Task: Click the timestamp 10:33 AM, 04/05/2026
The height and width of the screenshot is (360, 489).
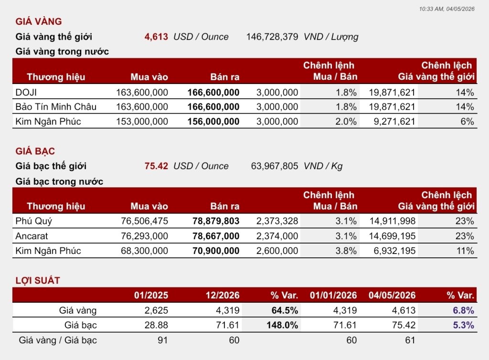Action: [446, 9]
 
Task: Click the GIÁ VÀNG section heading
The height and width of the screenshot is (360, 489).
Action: [39, 21]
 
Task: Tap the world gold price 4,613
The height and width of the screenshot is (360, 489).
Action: [156, 37]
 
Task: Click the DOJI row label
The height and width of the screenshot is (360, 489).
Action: [26, 92]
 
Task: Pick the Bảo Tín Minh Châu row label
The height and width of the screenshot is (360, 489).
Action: [56, 106]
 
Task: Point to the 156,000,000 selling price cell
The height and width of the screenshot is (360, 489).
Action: [213, 121]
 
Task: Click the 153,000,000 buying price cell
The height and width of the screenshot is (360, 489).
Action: [142, 121]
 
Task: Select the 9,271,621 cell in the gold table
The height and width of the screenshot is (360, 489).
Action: [394, 121]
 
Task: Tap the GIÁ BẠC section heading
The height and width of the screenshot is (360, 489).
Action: [35, 151]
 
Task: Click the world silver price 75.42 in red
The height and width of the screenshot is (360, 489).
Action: [156, 166]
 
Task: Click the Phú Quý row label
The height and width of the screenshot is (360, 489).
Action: [34, 221]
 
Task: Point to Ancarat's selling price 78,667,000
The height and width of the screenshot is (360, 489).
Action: [216, 236]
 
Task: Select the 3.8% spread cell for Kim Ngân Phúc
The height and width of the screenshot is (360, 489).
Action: [346, 251]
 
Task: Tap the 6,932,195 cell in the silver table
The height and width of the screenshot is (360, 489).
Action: [394, 251]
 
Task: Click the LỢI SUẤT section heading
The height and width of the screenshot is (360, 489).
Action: [38, 280]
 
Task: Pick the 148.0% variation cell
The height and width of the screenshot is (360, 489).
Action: [282, 325]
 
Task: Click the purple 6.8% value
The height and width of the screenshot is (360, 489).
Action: [463, 310]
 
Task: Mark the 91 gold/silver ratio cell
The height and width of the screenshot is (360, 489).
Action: [162, 340]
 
